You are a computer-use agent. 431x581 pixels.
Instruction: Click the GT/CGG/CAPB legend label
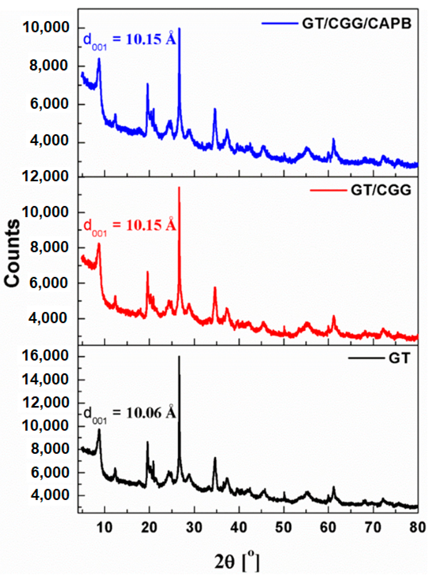point(356,24)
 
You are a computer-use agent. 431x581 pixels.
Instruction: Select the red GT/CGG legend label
point(381,190)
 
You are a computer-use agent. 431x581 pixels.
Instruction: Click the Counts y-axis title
point(12,253)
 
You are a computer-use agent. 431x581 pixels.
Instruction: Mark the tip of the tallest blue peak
point(179,28)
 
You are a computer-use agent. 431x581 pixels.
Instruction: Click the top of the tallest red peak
point(179,187)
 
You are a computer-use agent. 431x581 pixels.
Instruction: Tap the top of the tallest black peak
point(179,356)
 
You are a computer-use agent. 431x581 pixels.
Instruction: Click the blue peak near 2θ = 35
point(215,109)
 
